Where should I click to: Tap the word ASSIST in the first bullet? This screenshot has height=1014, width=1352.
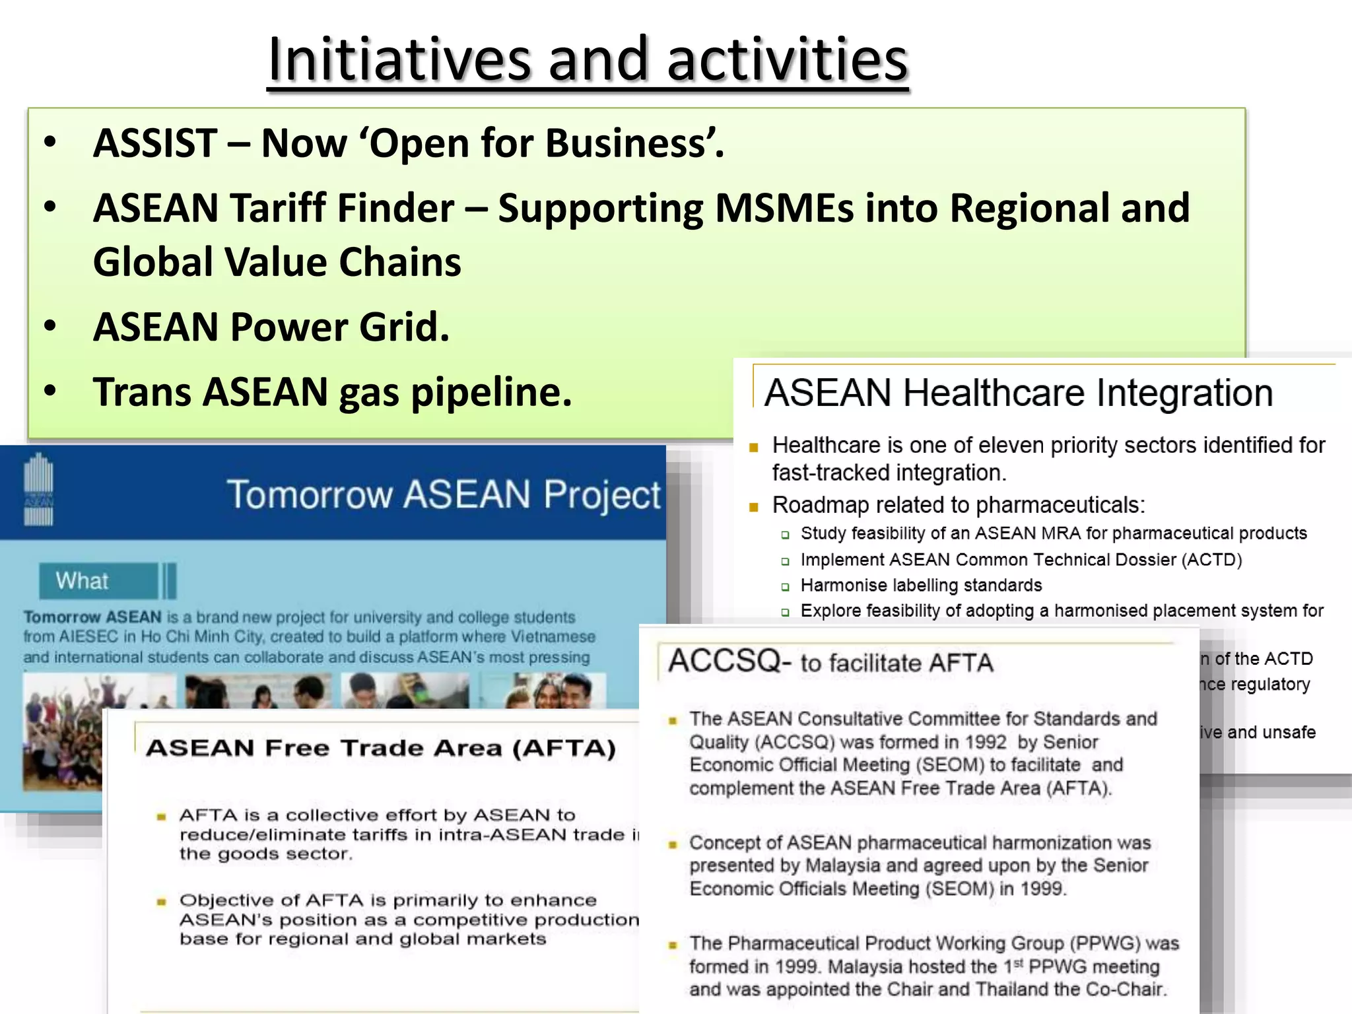click(x=155, y=143)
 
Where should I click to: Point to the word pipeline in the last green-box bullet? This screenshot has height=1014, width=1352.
click(x=490, y=393)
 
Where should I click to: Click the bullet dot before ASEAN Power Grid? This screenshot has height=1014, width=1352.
click(x=50, y=326)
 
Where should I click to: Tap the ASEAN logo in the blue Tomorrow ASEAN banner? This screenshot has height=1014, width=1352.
click(x=38, y=489)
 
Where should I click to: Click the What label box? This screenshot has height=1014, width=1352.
click(x=99, y=581)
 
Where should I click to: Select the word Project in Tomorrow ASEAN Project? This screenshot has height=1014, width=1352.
click(x=601, y=495)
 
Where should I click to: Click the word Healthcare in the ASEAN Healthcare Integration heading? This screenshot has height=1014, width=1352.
click(x=994, y=393)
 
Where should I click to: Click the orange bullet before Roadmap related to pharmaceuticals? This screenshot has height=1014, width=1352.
click(x=753, y=507)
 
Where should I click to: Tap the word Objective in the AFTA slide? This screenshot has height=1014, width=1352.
click(x=225, y=900)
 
